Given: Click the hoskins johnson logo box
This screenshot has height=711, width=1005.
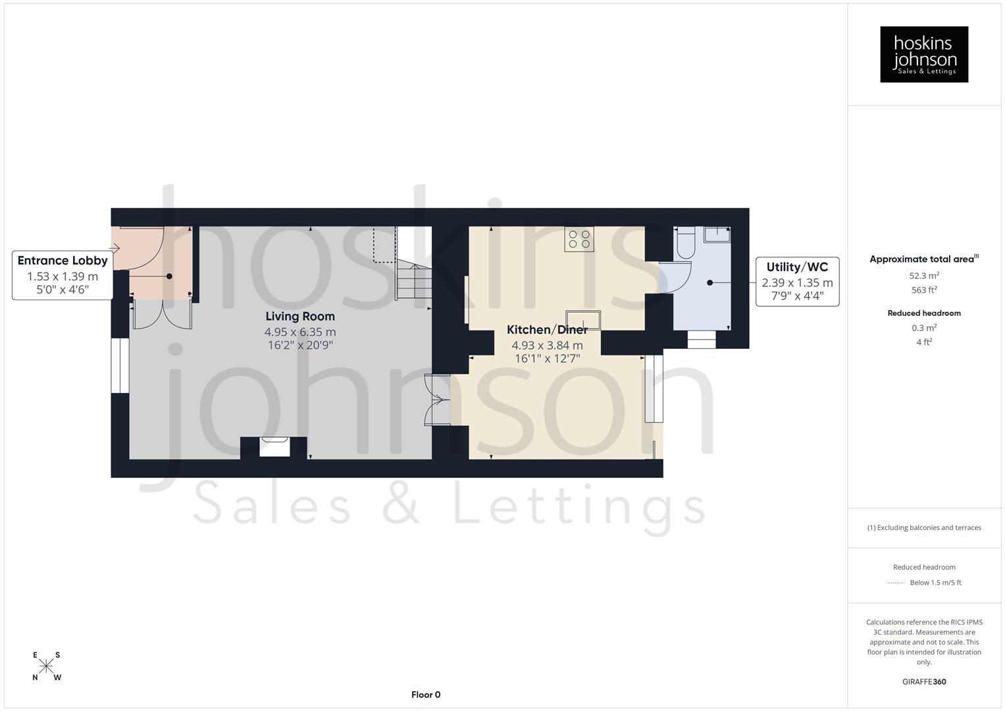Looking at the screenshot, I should click(x=923, y=54).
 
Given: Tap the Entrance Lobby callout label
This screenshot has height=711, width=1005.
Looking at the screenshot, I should click(x=63, y=275).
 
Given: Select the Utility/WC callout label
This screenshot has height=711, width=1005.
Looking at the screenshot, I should click(x=797, y=281).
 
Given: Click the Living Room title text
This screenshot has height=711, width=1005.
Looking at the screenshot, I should click(x=300, y=317).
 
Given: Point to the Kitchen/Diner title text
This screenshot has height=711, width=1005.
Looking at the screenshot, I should click(x=547, y=330).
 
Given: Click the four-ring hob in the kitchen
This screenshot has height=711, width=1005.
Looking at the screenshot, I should click(x=579, y=239).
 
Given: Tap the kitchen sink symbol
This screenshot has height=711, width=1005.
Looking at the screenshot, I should click(x=583, y=320).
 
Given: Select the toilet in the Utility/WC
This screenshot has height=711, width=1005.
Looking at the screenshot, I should click(x=685, y=242).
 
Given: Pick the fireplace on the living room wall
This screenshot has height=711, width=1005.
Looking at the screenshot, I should click(x=274, y=446).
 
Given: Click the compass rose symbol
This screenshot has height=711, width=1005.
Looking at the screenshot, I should click(x=46, y=666).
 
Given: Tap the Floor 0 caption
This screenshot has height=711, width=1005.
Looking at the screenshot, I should click(x=426, y=695).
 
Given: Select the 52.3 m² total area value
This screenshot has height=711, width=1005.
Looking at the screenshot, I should click(x=924, y=276).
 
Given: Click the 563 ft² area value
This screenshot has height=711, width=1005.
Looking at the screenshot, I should click(x=924, y=290).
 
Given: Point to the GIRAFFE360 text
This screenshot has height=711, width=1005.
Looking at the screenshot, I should click(x=924, y=682).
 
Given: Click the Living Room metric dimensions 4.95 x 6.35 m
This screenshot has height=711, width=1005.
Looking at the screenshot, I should click(x=300, y=332).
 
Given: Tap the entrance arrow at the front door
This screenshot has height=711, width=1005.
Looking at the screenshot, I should click(x=115, y=248).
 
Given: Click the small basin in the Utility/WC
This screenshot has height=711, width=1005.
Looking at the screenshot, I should click(x=717, y=234).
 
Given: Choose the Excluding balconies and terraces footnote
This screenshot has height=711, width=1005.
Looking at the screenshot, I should click(x=924, y=527).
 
